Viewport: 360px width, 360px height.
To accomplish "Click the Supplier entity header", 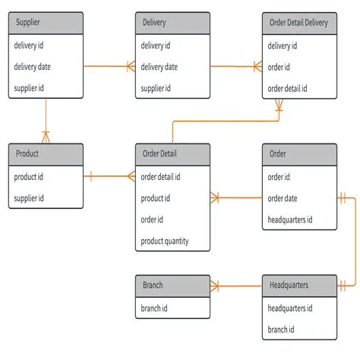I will pos(46,23).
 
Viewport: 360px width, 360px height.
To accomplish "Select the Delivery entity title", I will pos(172,23).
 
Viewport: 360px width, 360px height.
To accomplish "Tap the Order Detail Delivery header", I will pos(299,23).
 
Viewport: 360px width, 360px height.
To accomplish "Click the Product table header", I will pos(46,154).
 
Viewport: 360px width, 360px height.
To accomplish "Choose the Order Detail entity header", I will pos(172,154).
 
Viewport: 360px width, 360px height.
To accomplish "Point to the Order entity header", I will pos(299,154).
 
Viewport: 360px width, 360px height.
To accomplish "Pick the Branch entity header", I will pos(172,286).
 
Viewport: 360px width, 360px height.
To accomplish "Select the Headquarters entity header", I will pos(299,286).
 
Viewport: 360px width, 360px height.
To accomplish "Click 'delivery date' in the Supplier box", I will pos(35,67).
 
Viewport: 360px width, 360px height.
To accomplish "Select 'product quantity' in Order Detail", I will pos(165,242).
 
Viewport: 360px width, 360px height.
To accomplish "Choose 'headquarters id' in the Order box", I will pos(290,220).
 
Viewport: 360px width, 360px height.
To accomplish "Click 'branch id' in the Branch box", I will pos(155,308).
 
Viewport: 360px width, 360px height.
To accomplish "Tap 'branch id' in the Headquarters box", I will pos(282,330).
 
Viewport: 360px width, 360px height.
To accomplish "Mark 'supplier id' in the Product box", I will pos(30,198).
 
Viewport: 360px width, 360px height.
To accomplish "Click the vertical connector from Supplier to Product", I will pos(46,119).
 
